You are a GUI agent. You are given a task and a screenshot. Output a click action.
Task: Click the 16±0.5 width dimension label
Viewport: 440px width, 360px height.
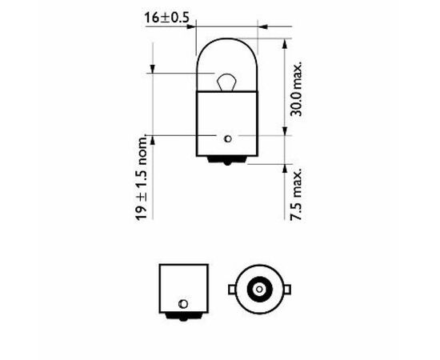(166, 18)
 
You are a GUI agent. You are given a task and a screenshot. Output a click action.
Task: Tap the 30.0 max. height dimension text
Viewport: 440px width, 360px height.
(296, 88)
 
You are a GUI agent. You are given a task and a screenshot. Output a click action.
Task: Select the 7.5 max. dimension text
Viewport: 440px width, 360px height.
(296, 194)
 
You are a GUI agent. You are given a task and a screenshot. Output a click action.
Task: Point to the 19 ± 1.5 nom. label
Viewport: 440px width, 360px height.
(141, 178)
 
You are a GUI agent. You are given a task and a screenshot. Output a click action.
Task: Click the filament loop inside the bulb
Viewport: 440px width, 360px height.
(226, 82)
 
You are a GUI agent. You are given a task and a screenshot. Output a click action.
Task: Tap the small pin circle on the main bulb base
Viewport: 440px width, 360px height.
(228, 138)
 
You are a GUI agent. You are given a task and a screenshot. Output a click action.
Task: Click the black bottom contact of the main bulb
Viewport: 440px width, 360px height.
(226, 160)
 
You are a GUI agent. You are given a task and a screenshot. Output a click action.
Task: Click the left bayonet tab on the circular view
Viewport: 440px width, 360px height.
(232, 290)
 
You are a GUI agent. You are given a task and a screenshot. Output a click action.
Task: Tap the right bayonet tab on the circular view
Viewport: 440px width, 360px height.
(287, 290)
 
